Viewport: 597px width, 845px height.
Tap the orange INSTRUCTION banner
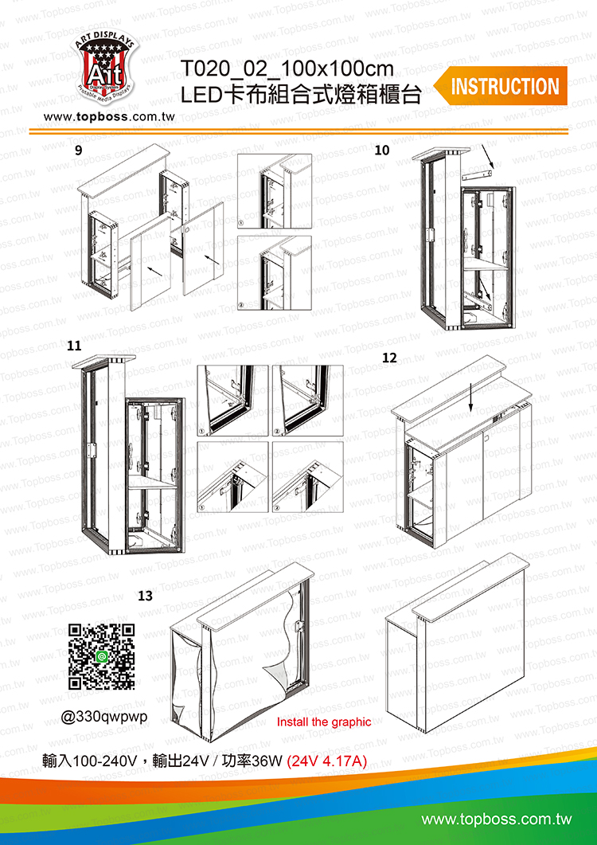pos(501,86)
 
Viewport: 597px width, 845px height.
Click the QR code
pos(102,655)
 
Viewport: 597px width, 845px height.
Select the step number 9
pos(79,151)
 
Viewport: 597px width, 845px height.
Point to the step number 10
pos(381,151)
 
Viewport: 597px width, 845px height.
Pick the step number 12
pos(389,358)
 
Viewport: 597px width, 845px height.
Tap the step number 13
pos(146,596)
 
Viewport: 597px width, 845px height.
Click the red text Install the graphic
pos(324,722)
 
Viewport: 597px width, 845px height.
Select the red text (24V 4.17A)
pos(327,761)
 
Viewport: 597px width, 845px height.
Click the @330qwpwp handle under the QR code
pos(104,718)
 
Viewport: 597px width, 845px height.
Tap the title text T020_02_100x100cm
pos(287,69)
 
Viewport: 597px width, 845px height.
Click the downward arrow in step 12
pos(471,402)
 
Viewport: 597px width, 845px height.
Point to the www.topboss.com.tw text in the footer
pos(496,820)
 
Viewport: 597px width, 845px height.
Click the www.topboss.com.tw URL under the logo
pos(110,117)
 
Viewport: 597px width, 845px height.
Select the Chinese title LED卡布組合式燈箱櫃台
pos(300,95)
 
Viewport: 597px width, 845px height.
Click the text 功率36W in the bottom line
pos(252,761)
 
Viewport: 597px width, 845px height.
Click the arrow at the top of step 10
pos(490,155)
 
